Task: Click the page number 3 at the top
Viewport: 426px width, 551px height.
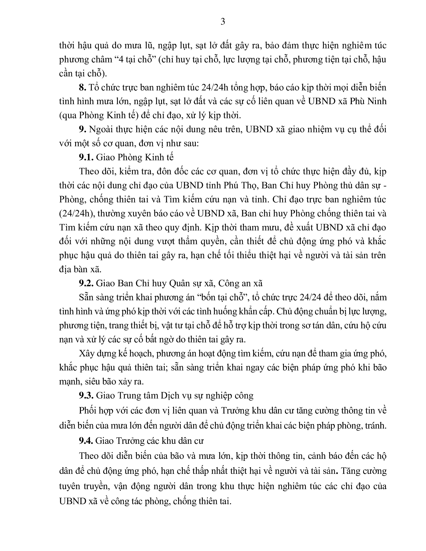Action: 223,22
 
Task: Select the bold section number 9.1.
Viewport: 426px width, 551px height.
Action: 86,157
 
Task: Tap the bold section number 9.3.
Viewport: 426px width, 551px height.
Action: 86,395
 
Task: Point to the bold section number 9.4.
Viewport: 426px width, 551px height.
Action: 86,441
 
